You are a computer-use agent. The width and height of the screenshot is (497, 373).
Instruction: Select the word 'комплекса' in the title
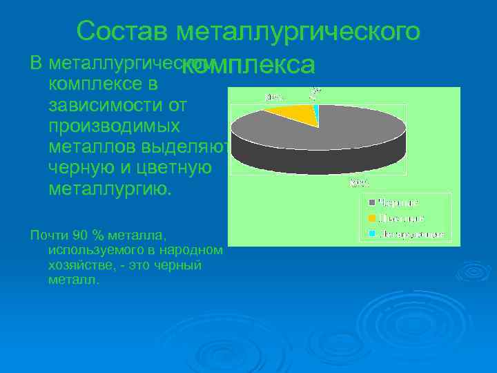point(251,64)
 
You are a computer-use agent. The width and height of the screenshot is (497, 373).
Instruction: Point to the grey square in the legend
point(372,203)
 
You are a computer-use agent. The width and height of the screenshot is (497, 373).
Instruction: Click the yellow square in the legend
point(372,219)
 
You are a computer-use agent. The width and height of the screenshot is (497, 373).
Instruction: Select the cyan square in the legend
point(372,235)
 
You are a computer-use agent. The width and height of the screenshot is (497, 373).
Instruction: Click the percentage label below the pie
point(360,182)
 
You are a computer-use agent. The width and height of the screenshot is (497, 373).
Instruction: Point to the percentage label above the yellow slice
point(274,97)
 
